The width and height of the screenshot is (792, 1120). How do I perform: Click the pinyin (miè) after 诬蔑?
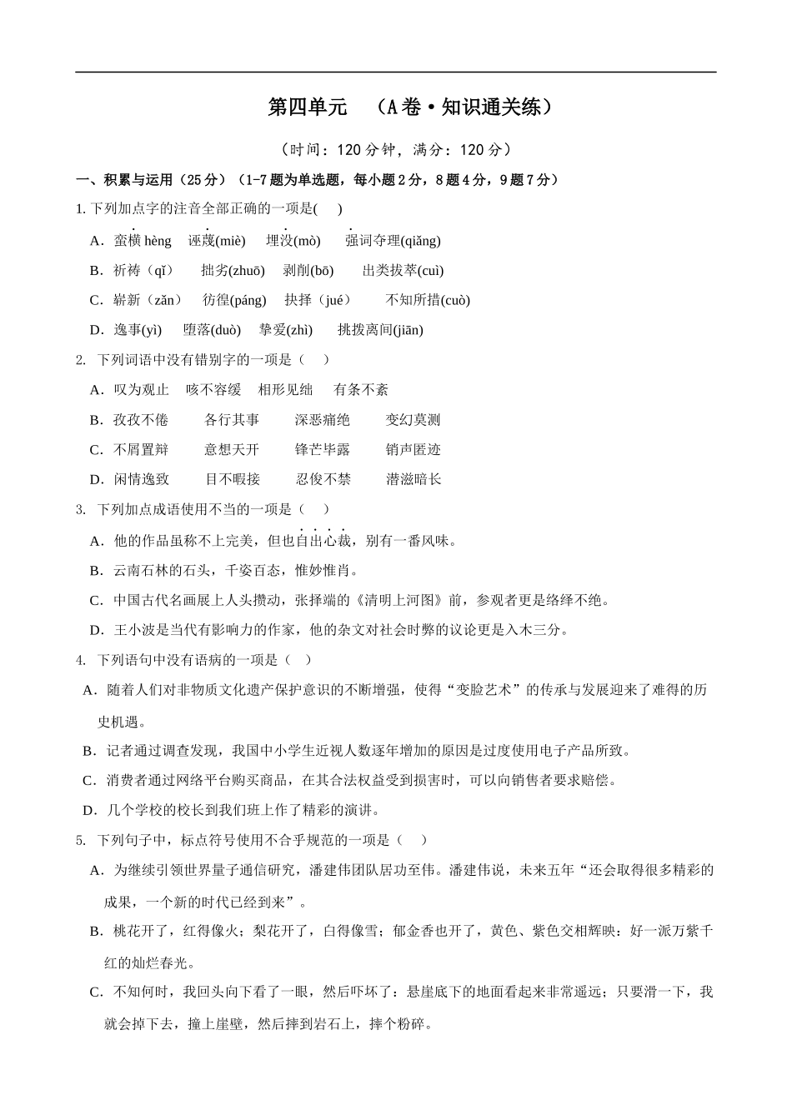(x=230, y=241)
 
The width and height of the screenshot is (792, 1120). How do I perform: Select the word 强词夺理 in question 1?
(x=372, y=241)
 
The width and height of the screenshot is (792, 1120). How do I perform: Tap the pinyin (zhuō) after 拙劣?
(x=247, y=271)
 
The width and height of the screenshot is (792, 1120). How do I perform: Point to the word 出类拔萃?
(x=388, y=271)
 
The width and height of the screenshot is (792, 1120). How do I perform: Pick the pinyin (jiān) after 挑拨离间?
(x=408, y=330)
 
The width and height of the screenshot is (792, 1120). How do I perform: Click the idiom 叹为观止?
(x=141, y=390)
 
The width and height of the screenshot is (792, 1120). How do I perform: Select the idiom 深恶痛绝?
(x=323, y=420)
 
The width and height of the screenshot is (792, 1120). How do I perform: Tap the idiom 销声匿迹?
(x=413, y=450)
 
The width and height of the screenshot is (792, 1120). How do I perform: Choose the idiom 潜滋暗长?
(x=414, y=479)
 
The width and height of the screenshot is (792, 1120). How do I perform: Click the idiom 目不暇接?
(x=233, y=479)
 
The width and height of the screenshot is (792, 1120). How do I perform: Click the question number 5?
(x=80, y=840)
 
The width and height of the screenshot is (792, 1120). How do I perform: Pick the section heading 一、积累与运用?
(x=125, y=180)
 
